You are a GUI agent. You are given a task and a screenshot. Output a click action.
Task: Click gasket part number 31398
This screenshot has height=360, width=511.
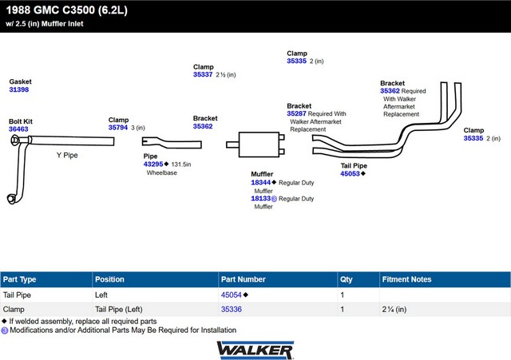(x=19, y=89)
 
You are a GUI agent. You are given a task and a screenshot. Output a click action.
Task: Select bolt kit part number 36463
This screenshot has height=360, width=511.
(x=18, y=129)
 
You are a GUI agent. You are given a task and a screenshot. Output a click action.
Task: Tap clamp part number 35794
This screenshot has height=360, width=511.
(x=118, y=128)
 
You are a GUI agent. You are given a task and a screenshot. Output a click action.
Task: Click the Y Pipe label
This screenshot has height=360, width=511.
(x=67, y=155)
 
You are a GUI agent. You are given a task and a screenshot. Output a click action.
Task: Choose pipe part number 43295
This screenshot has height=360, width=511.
(x=153, y=164)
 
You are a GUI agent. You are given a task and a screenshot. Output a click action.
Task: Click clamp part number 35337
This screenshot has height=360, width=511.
(x=203, y=74)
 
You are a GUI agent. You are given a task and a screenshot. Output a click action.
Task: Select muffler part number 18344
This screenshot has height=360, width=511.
(x=261, y=183)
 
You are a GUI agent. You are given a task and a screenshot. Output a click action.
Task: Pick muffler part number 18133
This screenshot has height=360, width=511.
(x=261, y=199)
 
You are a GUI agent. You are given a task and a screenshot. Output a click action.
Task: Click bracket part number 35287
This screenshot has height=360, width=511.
(x=296, y=113)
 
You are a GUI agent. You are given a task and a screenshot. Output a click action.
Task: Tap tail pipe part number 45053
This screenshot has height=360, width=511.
(x=350, y=174)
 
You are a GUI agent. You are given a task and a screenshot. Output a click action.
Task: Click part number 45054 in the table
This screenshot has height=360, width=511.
(x=231, y=295)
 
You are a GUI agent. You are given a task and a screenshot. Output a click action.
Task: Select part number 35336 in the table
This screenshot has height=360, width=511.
(x=232, y=310)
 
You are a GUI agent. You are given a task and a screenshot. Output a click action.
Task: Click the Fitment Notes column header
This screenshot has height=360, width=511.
(x=406, y=279)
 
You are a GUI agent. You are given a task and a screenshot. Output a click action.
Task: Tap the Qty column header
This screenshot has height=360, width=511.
(x=346, y=279)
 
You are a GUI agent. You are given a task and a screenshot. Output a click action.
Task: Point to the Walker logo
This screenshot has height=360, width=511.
(x=255, y=350)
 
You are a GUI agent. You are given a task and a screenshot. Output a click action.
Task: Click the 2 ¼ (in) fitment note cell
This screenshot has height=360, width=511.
(x=394, y=310)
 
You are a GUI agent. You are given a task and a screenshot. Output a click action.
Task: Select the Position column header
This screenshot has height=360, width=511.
(x=109, y=279)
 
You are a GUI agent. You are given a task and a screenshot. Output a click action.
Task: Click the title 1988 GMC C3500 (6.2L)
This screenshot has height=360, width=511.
(x=67, y=10)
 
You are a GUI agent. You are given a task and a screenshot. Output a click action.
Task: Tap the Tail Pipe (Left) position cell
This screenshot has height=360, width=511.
(x=119, y=310)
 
